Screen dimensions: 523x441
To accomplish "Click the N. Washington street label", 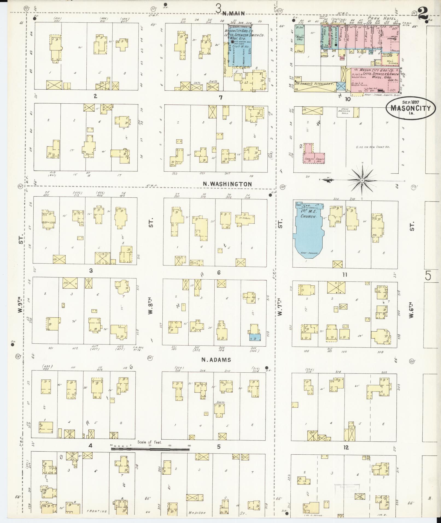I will point(227,184).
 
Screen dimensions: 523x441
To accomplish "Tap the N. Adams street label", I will point(216,360).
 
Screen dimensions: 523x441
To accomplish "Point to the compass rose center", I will point(362,180).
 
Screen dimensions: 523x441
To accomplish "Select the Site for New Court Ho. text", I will point(372,147).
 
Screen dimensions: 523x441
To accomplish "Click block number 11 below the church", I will point(345,274).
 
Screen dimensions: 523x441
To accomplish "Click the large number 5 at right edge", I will point(428,276).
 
